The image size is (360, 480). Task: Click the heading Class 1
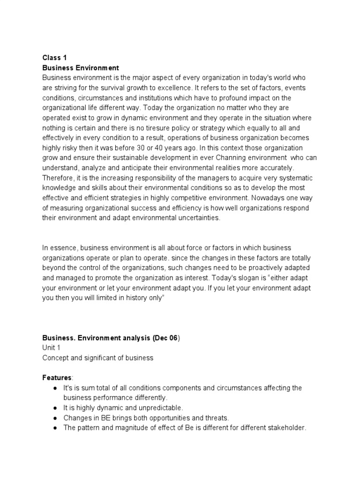pos(54,58)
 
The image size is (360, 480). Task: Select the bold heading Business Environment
pos(80,67)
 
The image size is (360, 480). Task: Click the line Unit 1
pos(52,348)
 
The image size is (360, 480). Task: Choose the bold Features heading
pos(57,378)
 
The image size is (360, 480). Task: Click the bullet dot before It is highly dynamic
pos(55,408)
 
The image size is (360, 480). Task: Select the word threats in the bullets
pos(218,418)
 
